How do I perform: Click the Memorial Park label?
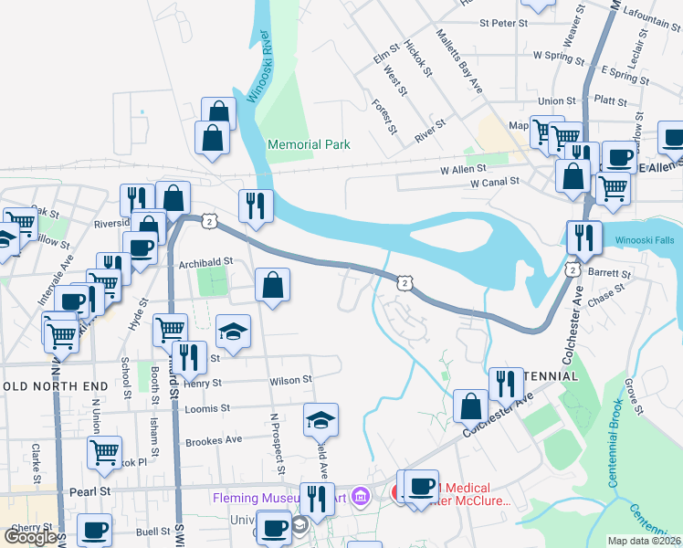[309, 144]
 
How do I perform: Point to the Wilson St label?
[290, 379]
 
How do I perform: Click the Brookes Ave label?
[213, 439]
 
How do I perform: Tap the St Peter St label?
[498, 24]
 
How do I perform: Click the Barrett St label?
[610, 273]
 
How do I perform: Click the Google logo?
[30, 537]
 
